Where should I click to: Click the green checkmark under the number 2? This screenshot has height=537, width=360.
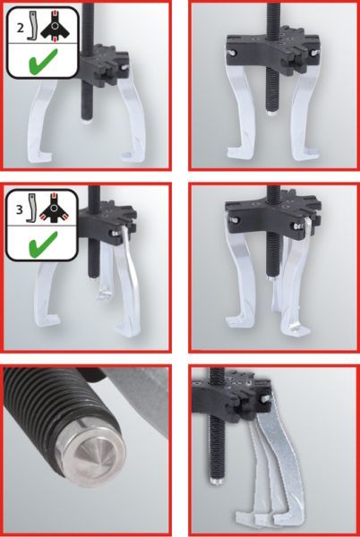click(x=43, y=63)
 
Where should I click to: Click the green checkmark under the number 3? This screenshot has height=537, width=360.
click(x=43, y=244)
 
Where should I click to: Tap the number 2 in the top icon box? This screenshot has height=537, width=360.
click(x=21, y=28)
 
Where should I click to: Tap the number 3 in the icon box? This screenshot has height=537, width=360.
click(x=20, y=209)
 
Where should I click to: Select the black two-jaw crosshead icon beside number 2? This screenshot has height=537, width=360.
click(x=55, y=26)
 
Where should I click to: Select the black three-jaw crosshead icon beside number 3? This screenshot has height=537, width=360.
click(x=53, y=209)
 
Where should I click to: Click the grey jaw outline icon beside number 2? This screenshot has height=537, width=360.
click(x=32, y=26)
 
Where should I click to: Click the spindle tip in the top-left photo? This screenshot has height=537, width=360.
click(x=86, y=121)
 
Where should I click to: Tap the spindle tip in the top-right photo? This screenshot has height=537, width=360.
click(x=271, y=113)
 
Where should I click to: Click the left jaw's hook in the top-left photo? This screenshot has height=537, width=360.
click(x=39, y=154)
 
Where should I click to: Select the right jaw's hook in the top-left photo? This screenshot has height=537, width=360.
click(x=131, y=155)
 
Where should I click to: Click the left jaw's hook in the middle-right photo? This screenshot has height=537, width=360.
click(x=239, y=320)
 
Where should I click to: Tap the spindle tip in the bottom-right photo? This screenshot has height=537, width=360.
click(x=216, y=482)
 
